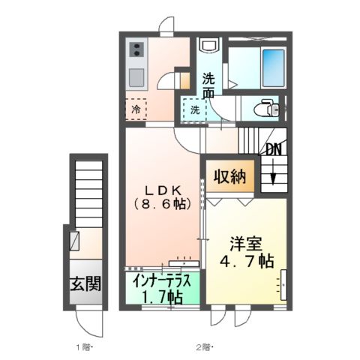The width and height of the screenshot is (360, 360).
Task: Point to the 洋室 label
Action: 244,243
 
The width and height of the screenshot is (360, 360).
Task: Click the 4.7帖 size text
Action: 246,262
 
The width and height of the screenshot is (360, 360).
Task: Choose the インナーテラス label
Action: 163,281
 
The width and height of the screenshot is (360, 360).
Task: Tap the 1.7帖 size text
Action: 163,297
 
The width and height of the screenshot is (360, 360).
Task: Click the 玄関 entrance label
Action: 87,285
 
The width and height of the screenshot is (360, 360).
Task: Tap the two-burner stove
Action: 136,50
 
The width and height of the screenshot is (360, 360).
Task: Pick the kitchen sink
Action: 136,78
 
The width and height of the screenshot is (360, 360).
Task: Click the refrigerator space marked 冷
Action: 136,109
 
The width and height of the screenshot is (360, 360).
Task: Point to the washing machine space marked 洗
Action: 193,109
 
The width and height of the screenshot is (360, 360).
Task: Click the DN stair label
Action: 274,149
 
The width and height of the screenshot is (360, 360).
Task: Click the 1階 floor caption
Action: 83,346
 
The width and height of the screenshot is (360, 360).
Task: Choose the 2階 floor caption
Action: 204,346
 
